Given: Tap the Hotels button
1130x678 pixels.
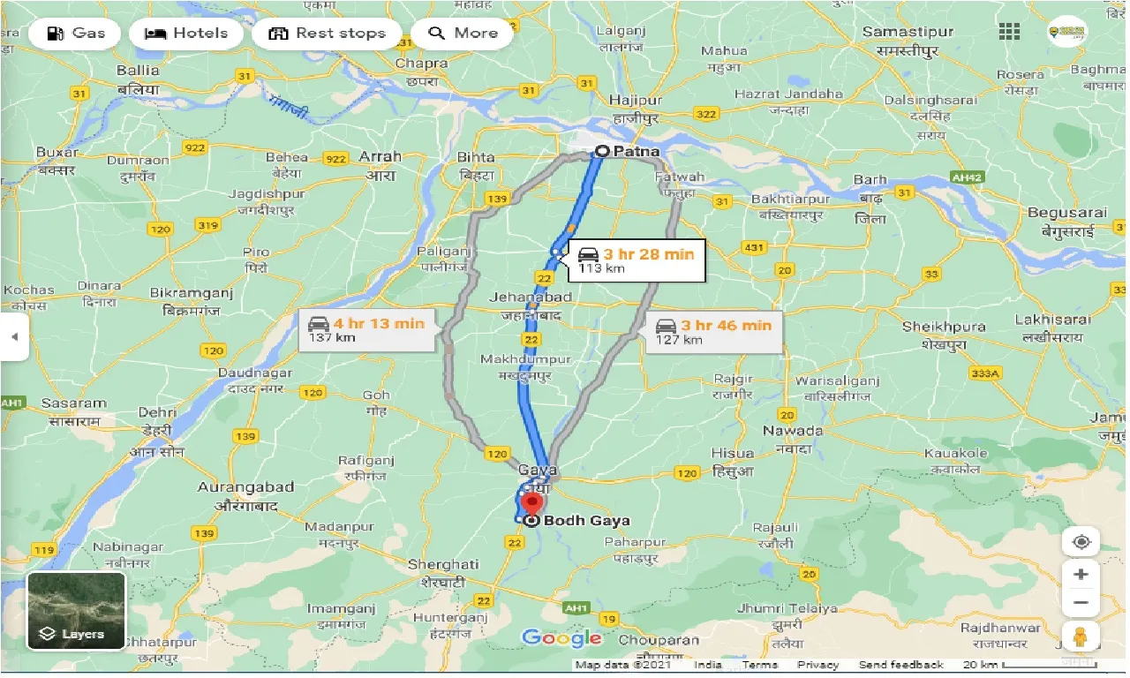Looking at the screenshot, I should pos(186,34).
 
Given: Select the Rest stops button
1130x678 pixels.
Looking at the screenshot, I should pos(328,34).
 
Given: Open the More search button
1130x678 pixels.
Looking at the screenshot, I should pos(463,34).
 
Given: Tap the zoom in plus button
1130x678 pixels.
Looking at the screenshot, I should pos(1081,574).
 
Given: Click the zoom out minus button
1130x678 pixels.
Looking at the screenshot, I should pos(1081,604).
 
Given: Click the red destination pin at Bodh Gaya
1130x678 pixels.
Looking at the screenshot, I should pos(531,504).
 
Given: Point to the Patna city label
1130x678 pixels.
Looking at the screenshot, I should pos(636,151).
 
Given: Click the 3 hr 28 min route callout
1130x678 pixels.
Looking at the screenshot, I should pos(637,260).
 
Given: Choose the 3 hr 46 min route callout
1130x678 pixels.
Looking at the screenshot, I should pos(713,331).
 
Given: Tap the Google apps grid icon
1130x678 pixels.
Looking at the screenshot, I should pos(1009,33).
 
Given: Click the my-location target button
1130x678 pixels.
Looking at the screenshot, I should pos(1081,541).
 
